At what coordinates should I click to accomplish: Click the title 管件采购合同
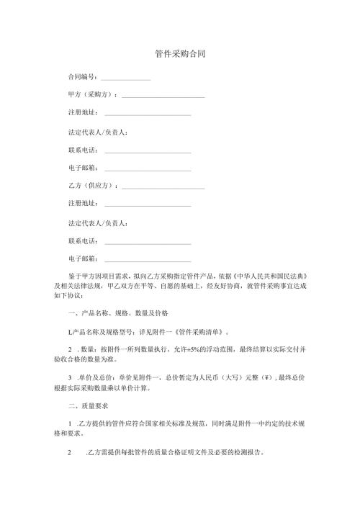[x=180, y=54]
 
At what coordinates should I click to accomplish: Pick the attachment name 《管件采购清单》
[x=199, y=333]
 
